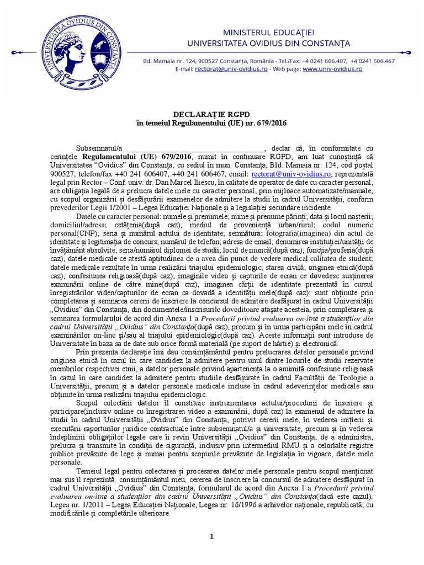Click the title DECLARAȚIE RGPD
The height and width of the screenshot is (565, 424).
(211, 114)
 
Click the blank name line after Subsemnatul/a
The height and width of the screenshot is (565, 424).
(196, 148)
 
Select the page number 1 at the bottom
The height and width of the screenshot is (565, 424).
(212, 536)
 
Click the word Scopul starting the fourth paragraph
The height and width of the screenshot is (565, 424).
(88, 402)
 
